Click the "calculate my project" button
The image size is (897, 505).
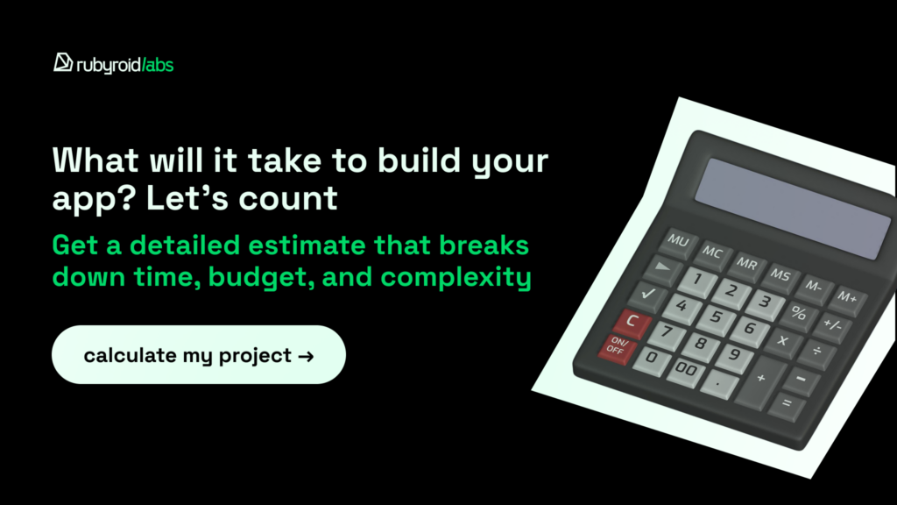(199, 354)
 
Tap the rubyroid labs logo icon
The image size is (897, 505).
(62, 62)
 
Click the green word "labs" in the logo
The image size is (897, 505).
(159, 65)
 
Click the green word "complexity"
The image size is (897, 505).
(456, 278)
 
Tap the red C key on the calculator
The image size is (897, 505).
(632, 322)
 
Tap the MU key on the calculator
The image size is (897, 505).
(679, 241)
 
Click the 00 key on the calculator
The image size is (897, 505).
(687, 370)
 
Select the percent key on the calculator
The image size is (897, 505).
(799, 313)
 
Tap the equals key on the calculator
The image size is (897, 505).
(787, 404)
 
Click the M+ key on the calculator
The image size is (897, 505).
(847, 298)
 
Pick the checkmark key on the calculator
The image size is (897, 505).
(648, 295)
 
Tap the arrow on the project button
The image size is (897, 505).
(306, 357)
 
